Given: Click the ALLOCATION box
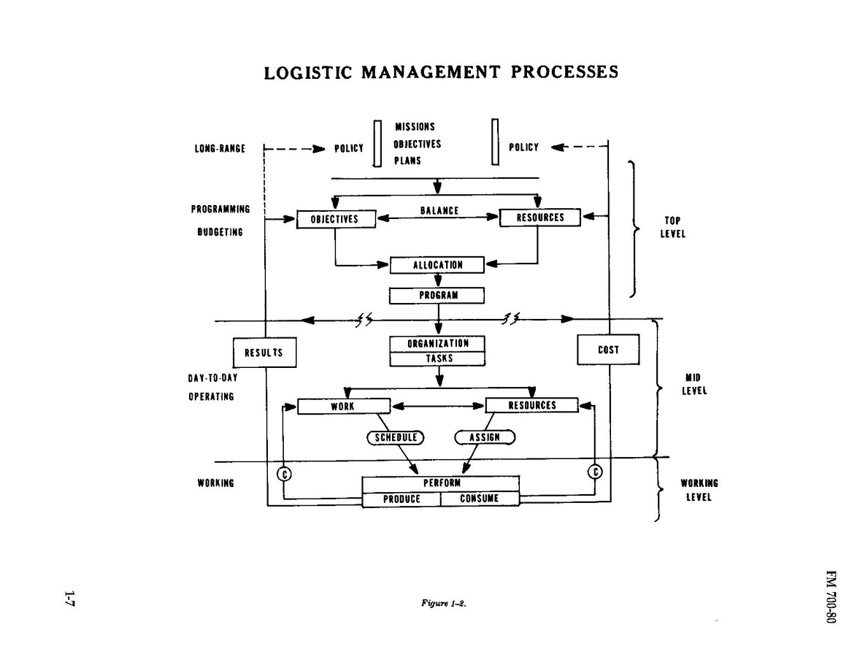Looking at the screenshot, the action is pyautogui.click(x=437, y=265).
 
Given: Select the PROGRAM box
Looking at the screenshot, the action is pyautogui.click(x=437, y=295).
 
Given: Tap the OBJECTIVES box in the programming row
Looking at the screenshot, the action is pyautogui.click(x=336, y=219).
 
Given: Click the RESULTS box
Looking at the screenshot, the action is pyautogui.click(x=264, y=353).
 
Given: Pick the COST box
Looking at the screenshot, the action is pyautogui.click(x=608, y=350).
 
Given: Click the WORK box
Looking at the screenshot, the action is pyautogui.click(x=344, y=406).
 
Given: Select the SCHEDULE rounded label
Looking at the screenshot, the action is pyautogui.click(x=395, y=438).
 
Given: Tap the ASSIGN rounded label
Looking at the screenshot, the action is pyautogui.click(x=485, y=437).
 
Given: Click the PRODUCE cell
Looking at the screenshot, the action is pyautogui.click(x=402, y=499).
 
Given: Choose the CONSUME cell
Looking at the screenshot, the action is pyautogui.click(x=480, y=499).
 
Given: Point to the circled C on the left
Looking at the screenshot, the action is pyautogui.click(x=284, y=474).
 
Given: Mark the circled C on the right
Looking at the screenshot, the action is pyautogui.click(x=595, y=472).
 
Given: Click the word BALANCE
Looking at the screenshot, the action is pyautogui.click(x=439, y=211).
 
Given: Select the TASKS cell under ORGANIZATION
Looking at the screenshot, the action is pyautogui.click(x=437, y=358).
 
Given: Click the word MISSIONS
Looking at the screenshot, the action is pyautogui.click(x=415, y=127).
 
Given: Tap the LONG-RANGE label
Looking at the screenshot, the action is pyautogui.click(x=220, y=148).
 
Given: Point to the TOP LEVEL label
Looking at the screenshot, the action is pyautogui.click(x=672, y=228).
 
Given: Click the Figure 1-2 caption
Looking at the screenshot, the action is pyautogui.click(x=443, y=604).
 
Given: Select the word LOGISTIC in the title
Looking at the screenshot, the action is pyautogui.click(x=308, y=72).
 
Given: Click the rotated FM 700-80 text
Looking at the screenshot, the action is pyautogui.click(x=831, y=596).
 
